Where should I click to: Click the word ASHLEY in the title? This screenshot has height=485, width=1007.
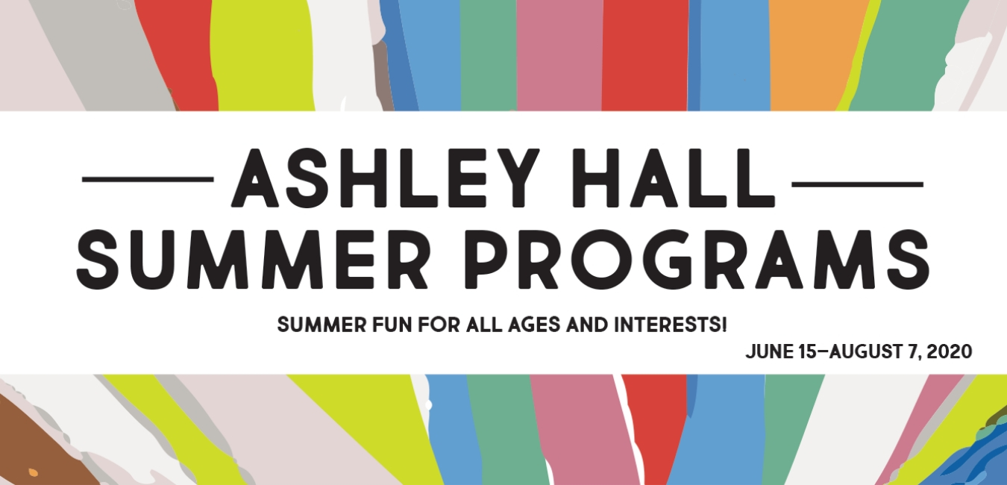click(x=384, y=178)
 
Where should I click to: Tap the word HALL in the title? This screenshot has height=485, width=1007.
click(x=674, y=178)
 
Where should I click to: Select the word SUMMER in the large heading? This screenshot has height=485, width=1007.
click(x=253, y=260)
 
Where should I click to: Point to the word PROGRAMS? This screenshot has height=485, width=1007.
click(x=697, y=260)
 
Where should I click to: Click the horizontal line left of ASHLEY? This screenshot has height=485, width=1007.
click(x=148, y=179)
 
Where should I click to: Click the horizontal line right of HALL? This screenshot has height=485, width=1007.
click(x=857, y=184)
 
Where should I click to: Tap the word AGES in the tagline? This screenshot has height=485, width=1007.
click(x=535, y=325)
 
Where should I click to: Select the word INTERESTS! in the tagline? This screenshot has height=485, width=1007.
click(x=671, y=325)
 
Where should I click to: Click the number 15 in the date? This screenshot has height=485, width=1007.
click(x=807, y=351)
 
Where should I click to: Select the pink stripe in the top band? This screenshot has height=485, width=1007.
click(x=559, y=54)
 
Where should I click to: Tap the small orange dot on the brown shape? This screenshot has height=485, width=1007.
click(x=34, y=472)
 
